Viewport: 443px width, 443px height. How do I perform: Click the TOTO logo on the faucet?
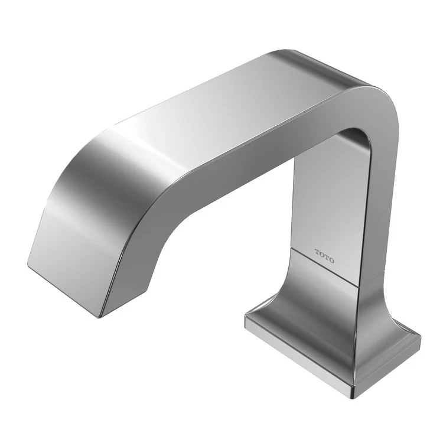324,256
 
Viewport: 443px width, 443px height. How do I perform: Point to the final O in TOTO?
331,259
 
